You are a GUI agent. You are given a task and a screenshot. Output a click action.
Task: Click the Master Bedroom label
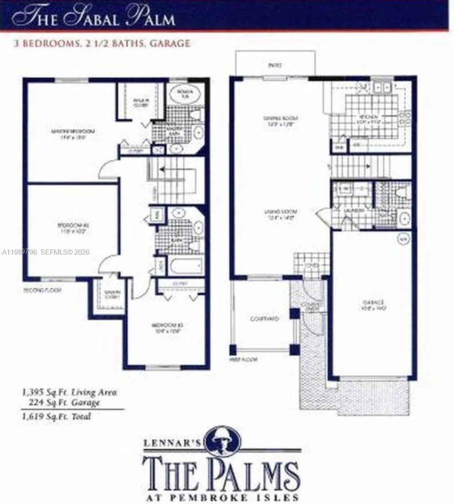(x=73, y=134)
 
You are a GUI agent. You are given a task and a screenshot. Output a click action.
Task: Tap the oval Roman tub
(x=184, y=94)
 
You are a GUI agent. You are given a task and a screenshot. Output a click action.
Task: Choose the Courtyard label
(x=262, y=318)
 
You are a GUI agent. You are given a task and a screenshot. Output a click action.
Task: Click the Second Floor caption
(x=42, y=291)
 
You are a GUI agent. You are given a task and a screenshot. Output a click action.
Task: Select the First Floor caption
(x=243, y=359)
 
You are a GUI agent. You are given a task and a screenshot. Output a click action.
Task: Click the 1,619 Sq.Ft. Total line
(x=56, y=417)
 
